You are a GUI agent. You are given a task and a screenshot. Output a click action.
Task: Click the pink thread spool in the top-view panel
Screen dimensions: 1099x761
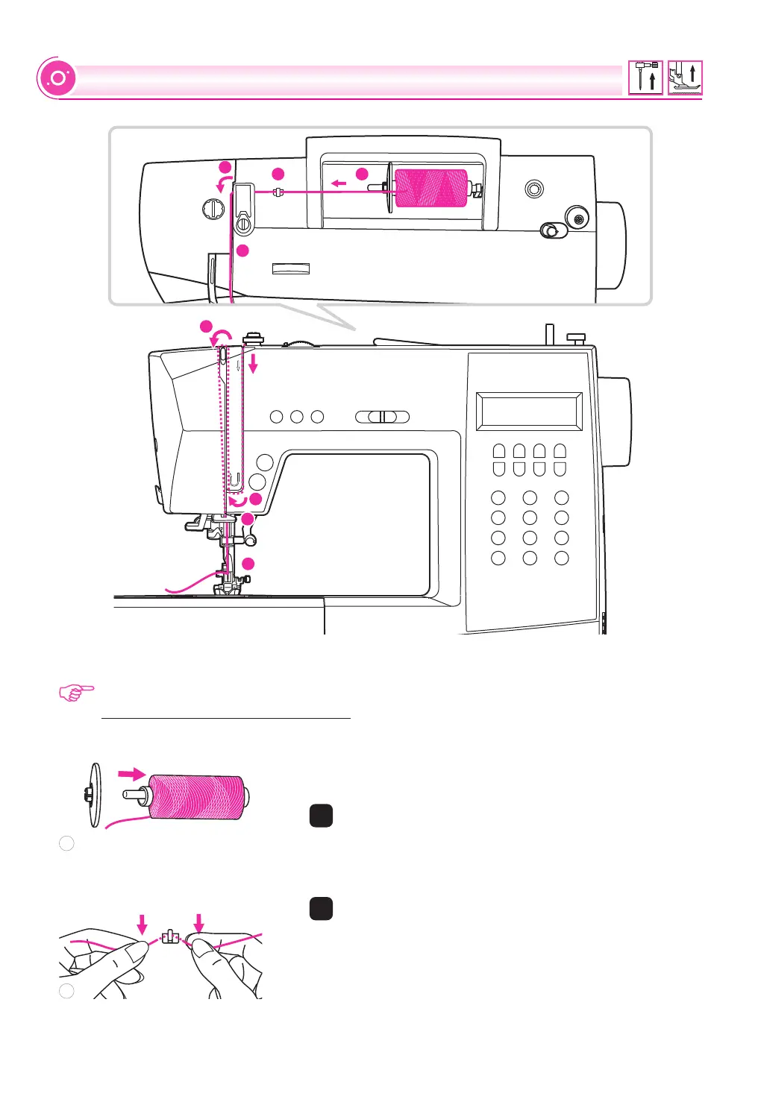click(x=430, y=188)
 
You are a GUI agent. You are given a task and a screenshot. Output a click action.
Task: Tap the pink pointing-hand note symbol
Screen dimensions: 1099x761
click(x=77, y=693)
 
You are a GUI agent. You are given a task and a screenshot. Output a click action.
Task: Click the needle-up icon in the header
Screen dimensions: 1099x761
click(x=645, y=78)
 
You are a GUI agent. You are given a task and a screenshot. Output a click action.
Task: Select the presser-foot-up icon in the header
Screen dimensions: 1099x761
click(x=685, y=78)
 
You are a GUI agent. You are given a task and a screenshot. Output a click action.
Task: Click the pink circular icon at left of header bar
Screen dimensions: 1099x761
click(x=57, y=78)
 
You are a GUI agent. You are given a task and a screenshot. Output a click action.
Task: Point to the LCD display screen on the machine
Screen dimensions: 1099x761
click(x=529, y=411)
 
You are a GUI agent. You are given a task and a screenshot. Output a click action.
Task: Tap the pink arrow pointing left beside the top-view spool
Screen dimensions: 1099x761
click(x=339, y=183)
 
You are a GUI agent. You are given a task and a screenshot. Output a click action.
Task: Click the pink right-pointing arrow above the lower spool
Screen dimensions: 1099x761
click(x=133, y=773)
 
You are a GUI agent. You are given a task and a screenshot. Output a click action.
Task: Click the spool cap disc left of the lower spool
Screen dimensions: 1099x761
click(x=94, y=795)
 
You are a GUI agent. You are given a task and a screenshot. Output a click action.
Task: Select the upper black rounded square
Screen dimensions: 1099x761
click(x=321, y=816)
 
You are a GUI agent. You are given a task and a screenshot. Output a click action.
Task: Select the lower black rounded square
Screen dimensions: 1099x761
click(x=321, y=908)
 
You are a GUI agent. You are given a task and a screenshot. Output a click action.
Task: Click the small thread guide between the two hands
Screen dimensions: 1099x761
click(x=171, y=936)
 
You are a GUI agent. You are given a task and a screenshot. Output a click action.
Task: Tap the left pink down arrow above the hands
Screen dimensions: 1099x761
click(x=143, y=925)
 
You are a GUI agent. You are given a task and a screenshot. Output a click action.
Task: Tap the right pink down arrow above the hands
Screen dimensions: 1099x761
click(x=198, y=923)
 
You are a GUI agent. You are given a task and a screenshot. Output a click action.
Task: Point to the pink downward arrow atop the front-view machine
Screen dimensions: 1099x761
click(x=253, y=364)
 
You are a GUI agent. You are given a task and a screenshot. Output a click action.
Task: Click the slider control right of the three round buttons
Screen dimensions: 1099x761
click(x=382, y=417)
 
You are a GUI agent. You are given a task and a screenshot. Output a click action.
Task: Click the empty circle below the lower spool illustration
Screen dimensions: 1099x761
click(x=66, y=843)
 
